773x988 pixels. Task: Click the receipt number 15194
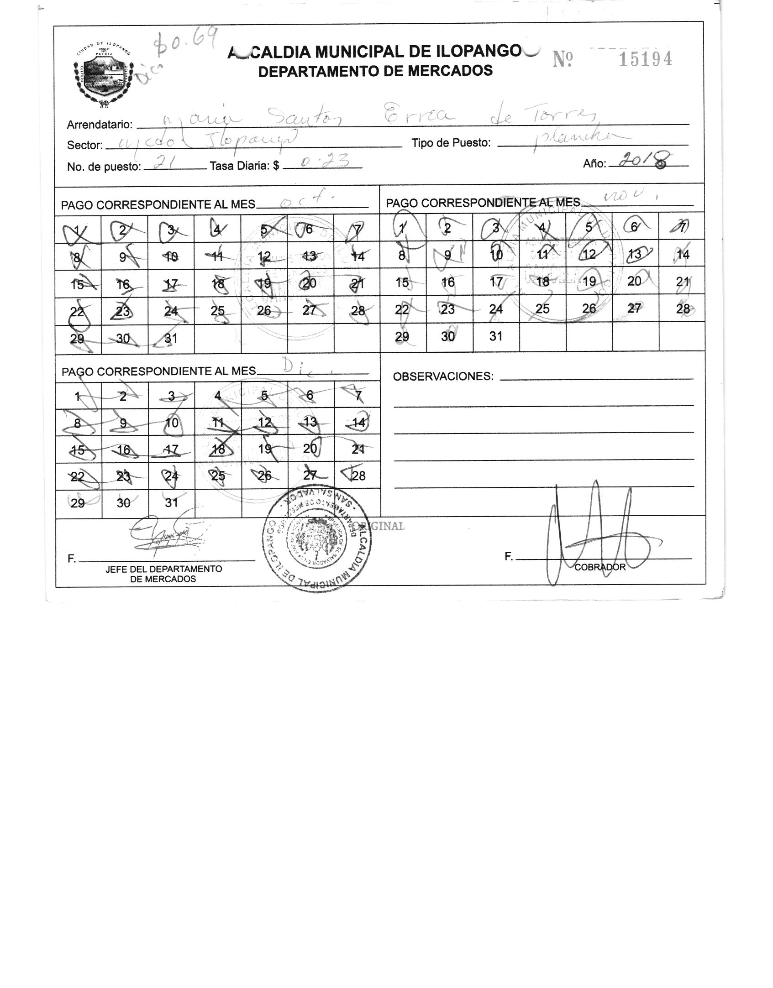click(645, 59)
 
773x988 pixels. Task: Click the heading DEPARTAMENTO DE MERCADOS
click(375, 71)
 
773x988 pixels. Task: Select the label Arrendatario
click(100, 125)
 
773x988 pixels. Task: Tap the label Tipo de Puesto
click(451, 143)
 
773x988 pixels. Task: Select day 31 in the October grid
click(171, 338)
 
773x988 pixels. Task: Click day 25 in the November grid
click(542, 308)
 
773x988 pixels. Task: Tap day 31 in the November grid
click(496, 336)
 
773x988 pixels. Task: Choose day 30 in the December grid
click(123, 503)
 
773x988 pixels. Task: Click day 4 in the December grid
click(218, 396)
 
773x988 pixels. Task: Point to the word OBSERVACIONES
click(443, 376)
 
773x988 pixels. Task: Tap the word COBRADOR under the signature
click(599, 567)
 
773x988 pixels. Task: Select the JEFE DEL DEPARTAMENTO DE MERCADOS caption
click(163, 574)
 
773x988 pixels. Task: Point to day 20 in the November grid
click(634, 281)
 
